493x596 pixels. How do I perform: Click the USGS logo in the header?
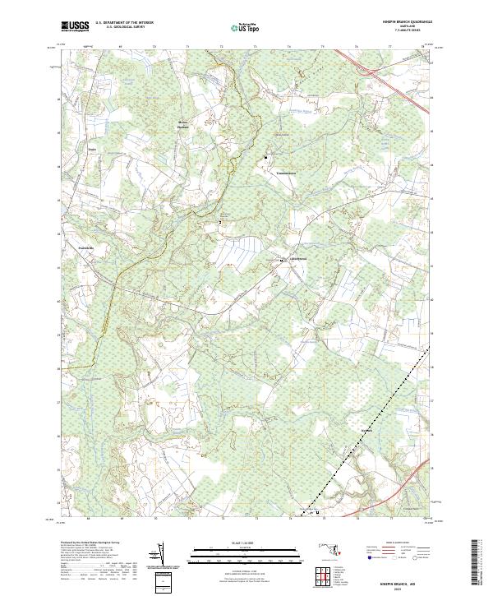[76, 26]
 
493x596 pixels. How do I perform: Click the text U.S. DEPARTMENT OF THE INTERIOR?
[124, 24]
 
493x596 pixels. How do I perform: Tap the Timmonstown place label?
[285, 174]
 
